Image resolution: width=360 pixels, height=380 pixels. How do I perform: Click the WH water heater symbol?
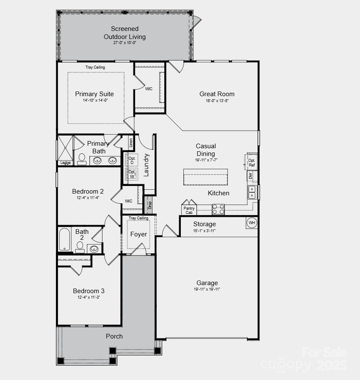coord(252,223)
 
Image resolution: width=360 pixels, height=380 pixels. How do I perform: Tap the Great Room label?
coord(217,94)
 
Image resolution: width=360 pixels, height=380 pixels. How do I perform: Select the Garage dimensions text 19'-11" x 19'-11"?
coord(207,289)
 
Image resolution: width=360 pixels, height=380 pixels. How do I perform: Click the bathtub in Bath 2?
coord(65,239)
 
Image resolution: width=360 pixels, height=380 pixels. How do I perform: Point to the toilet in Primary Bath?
coord(82,159)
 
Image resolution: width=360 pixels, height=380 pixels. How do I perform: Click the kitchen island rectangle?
coord(205,177)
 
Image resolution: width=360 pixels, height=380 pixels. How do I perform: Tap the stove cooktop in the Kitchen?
coord(218,209)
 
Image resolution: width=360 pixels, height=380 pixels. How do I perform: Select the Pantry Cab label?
coord(189,210)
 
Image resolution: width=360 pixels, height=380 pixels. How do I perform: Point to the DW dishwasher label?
coord(250,175)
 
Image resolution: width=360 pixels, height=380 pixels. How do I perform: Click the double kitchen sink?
coord(252,192)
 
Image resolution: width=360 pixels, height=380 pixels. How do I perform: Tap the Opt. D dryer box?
coord(132,160)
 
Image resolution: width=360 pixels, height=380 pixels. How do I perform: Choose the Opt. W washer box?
coord(132,174)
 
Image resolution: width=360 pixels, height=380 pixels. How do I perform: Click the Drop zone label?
coord(149,205)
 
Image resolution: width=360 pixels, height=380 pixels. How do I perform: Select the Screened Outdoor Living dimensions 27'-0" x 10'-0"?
coord(125,43)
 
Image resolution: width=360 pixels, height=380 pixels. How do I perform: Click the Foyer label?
coord(138,234)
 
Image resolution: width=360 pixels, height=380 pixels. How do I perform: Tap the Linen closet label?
coord(131,143)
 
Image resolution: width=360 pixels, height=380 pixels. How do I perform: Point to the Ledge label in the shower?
coord(65,163)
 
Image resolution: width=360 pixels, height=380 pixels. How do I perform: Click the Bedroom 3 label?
coord(89,291)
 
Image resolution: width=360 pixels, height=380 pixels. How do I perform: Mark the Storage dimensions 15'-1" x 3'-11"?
coord(205,230)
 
